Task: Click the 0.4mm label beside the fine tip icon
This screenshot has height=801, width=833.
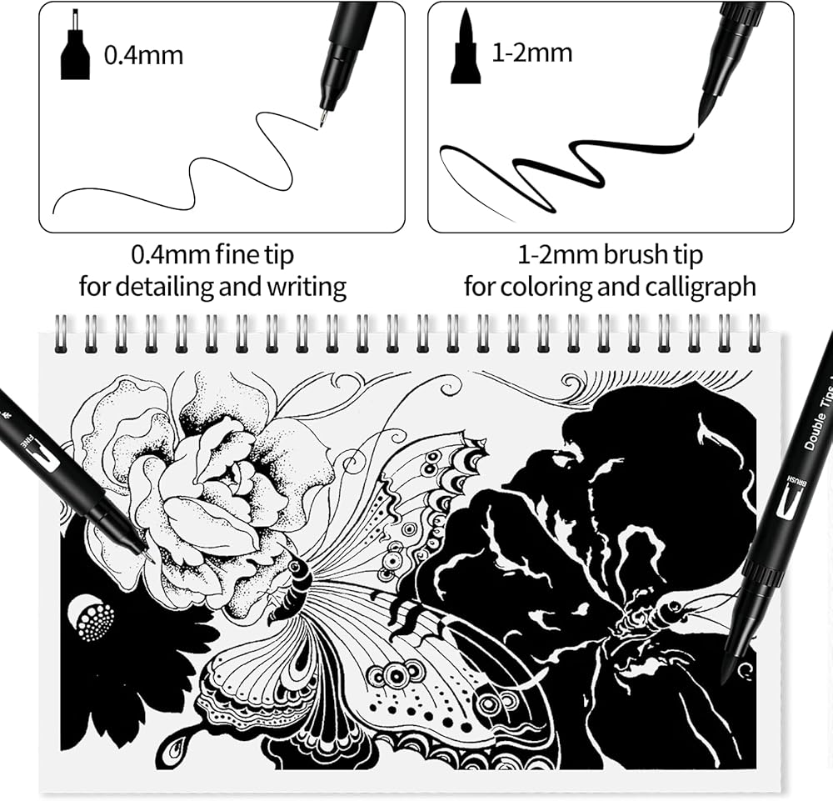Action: click(143, 55)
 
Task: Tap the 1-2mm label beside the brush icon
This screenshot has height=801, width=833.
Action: click(532, 53)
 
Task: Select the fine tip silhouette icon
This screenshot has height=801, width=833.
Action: click(75, 44)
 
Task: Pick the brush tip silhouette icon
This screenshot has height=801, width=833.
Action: click(466, 46)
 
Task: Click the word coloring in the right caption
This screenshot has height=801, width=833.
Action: click(546, 287)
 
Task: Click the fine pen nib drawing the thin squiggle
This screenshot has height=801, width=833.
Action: click(322, 118)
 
